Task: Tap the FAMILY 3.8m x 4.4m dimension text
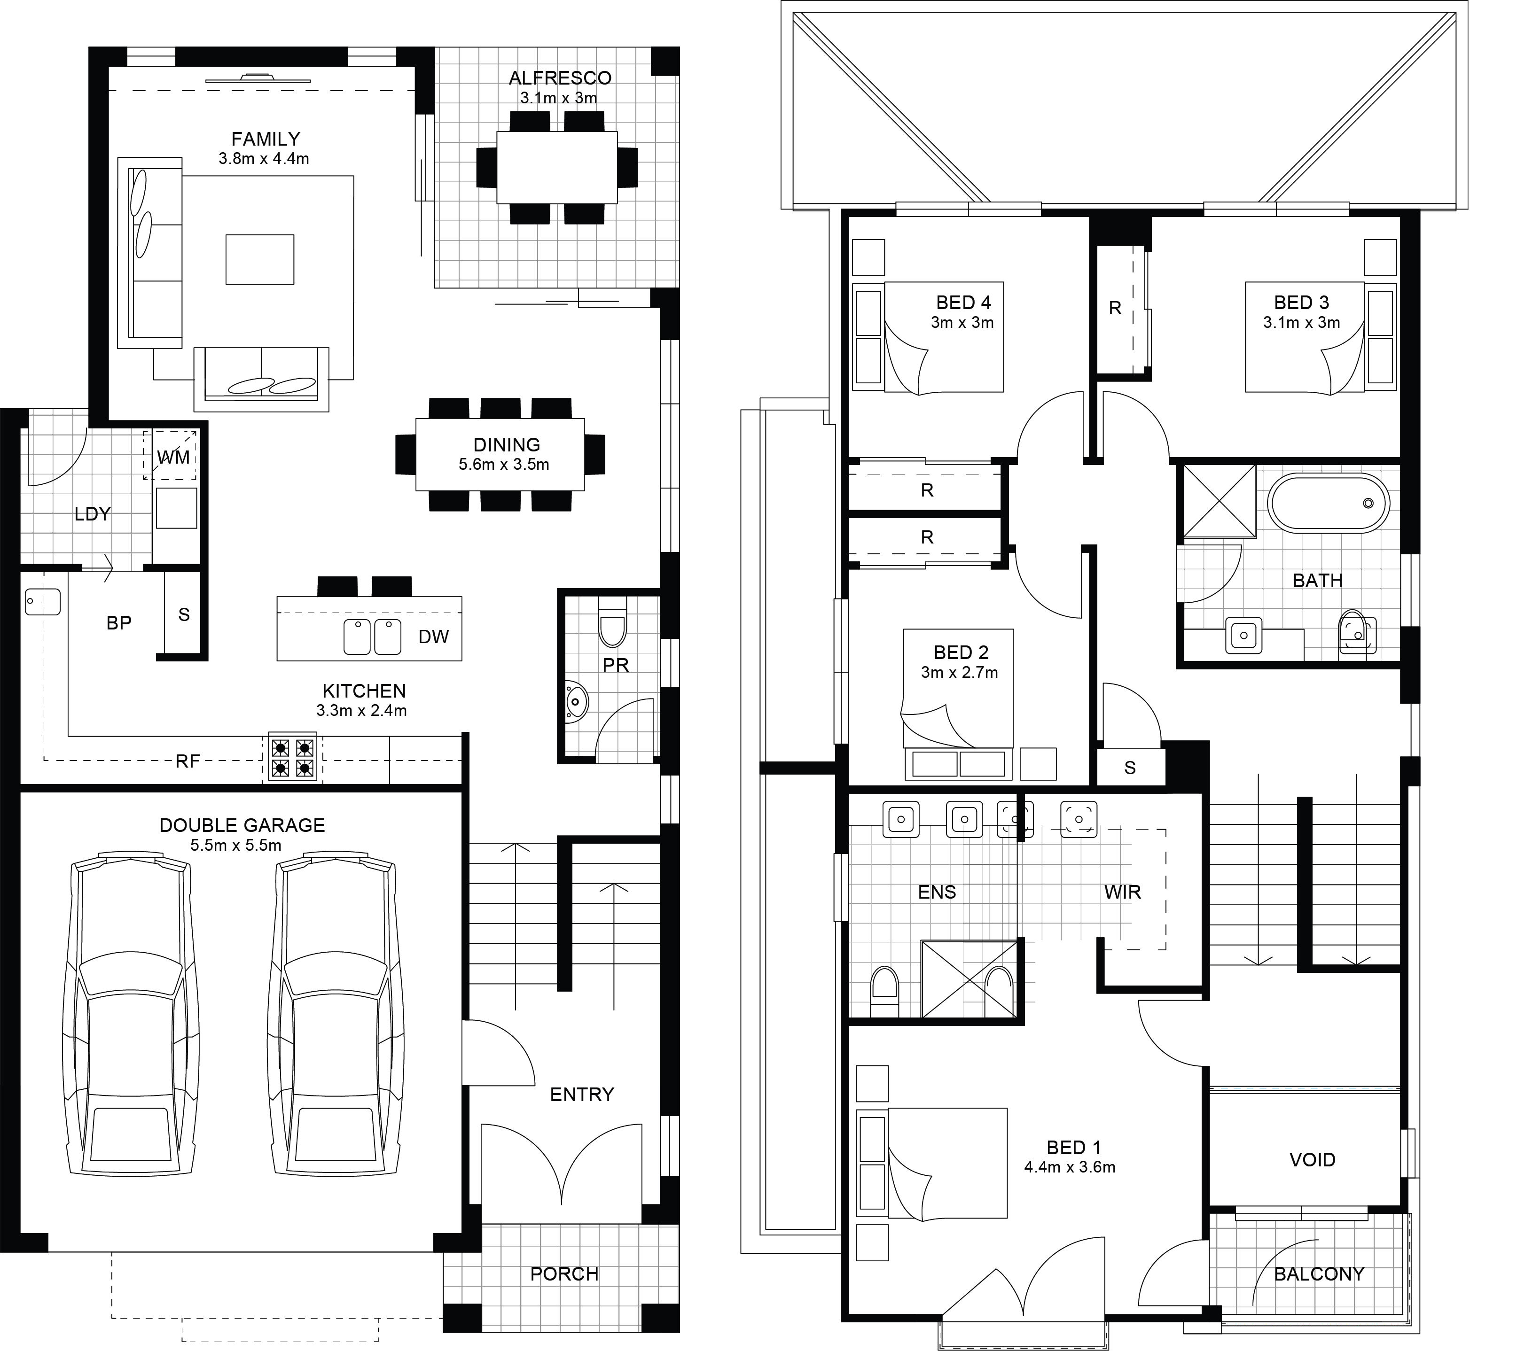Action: coord(264,159)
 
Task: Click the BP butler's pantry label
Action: coord(119,623)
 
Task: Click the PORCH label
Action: coord(564,1274)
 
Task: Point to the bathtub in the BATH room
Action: coord(1329,503)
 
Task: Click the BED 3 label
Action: coord(1302,303)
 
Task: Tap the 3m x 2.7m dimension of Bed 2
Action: coord(959,673)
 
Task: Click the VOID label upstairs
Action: coord(1312,1159)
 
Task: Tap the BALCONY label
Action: coord(1320,1274)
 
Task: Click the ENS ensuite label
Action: coord(937,892)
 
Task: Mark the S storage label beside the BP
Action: coord(184,614)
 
